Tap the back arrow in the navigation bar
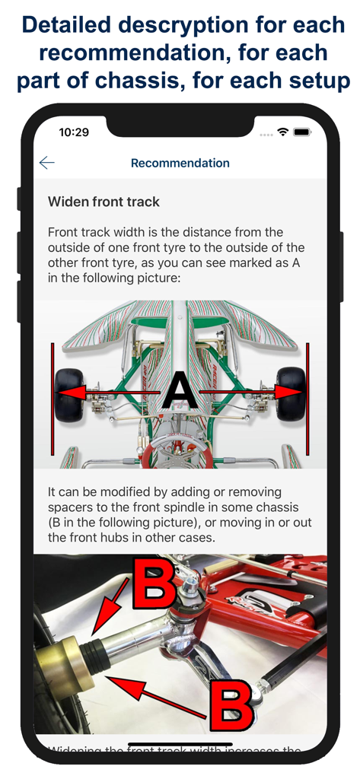tap(47, 163)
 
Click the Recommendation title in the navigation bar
tap(180, 163)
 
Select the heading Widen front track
tap(104, 202)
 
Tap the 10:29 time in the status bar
tap(74, 132)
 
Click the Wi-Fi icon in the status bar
tap(283, 132)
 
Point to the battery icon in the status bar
tap(302, 132)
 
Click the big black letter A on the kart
tap(180, 393)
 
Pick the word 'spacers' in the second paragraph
tap(71, 507)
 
